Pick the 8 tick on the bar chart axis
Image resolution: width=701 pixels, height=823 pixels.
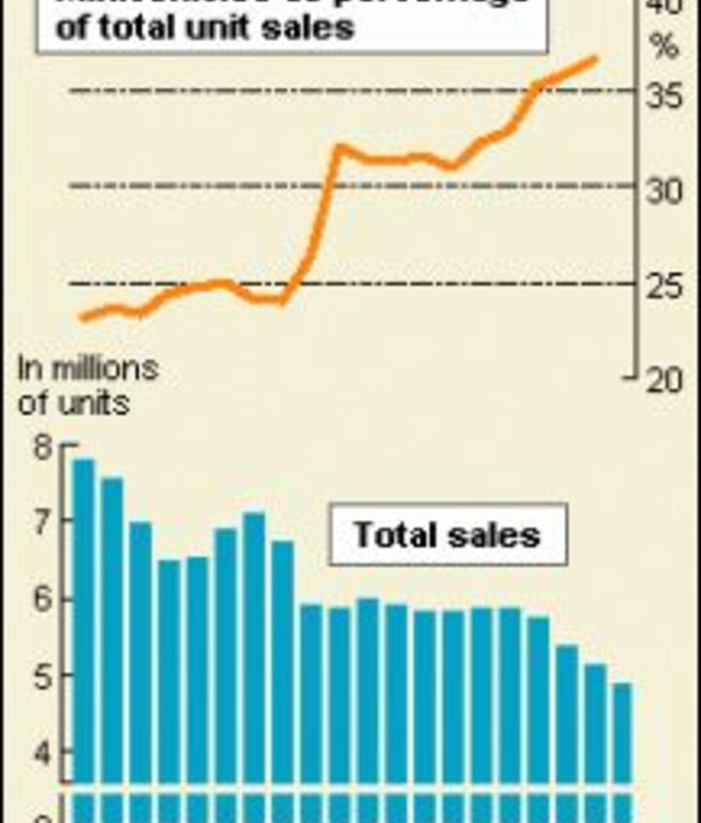click(x=40, y=448)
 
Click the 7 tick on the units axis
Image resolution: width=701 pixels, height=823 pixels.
click(x=40, y=523)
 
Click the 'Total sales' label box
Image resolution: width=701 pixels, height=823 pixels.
click(x=447, y=535)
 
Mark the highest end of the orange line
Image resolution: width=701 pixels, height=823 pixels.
click(x=594, y=60)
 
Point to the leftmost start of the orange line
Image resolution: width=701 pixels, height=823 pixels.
click(x=83, y=317)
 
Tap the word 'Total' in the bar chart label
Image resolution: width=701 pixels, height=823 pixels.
click(x=393, y=535)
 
